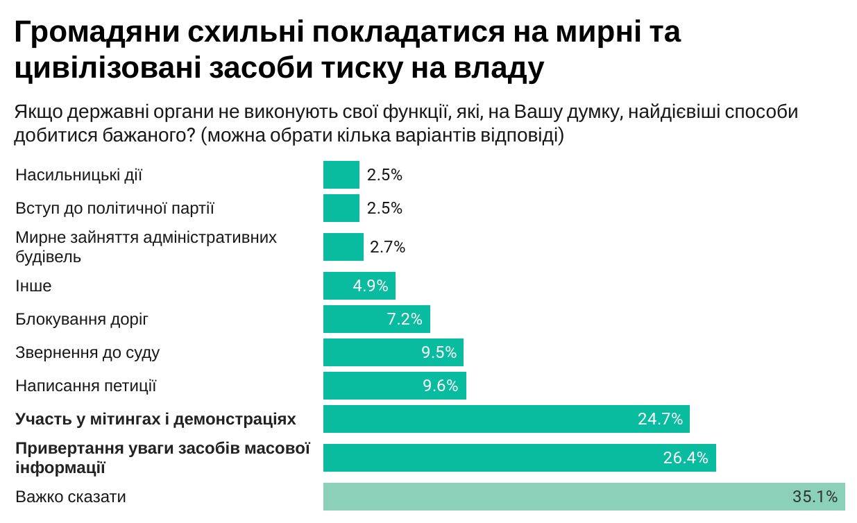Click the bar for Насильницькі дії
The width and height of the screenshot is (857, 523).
click(341, 175)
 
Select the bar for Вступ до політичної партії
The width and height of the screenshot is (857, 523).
click(341, 208)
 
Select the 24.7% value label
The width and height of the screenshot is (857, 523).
click(660, 419)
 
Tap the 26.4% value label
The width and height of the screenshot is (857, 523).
click(685, 458)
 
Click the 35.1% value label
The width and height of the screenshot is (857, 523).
click(815, 497)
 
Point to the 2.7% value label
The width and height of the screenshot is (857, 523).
click(387, 247)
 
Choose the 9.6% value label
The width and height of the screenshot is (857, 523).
click(440, 386)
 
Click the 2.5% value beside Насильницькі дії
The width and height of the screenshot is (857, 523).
click(384, 175)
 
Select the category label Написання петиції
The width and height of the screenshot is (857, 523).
click(86, 386)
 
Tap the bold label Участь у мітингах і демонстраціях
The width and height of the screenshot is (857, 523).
click(155, 419)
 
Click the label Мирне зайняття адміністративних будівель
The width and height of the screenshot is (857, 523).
click(146, 247)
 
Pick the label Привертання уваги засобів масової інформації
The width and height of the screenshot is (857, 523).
click(162, 458)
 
